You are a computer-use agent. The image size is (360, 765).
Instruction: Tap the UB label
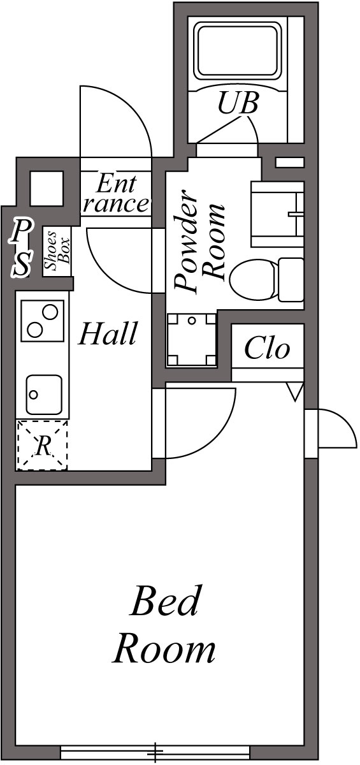[x=238, y=104]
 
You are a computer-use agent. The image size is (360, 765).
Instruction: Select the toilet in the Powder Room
[x=266, y=279]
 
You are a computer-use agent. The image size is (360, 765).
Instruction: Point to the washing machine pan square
[x=191, y=340]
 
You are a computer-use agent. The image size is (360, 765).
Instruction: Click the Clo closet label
[x=267, y=349]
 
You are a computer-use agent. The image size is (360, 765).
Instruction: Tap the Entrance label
[x=116, y=194]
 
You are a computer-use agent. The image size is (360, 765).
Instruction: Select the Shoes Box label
[x=55, y=252]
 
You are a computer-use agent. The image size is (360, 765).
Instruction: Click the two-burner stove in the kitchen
[x=43, y=321]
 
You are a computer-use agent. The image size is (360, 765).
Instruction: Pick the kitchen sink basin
[x=43, y=395]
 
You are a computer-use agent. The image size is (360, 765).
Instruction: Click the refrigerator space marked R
[x=42, y=446]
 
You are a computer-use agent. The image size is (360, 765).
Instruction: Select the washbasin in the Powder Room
[x=278, y=214]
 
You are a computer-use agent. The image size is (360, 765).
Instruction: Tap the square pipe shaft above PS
[x=47, y=189]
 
